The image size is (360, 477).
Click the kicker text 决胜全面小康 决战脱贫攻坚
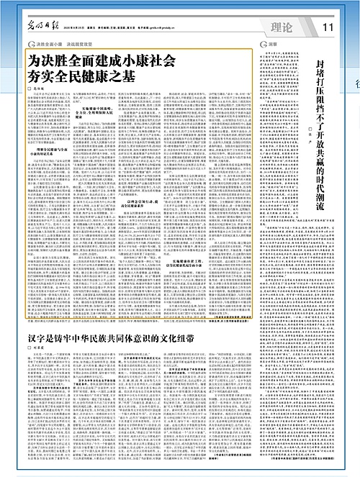click(70, 44)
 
